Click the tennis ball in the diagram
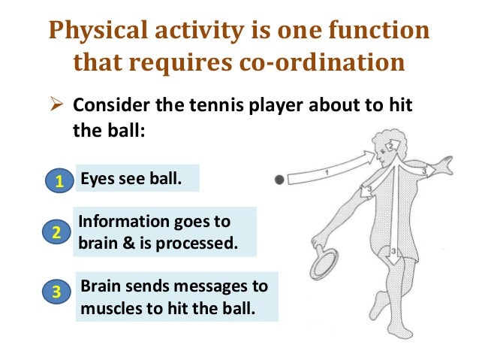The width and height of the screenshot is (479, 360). click(x=279, y=180)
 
